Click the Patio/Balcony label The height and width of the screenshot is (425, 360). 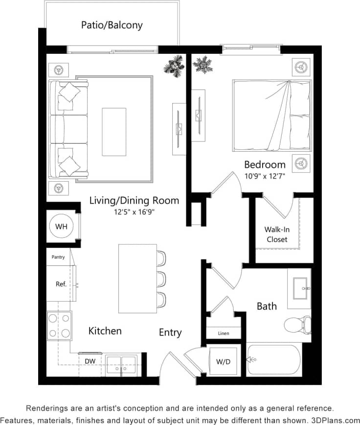[112, 25]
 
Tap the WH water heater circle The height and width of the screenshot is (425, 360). [61, 227]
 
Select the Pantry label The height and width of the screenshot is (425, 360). [58, 257]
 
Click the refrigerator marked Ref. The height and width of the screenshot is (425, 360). [61, 283]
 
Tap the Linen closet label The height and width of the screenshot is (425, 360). [223, 333]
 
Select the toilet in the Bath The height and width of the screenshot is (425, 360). [297, 324]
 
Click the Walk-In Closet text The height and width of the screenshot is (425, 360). [277, 235]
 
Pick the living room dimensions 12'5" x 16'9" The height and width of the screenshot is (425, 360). [134, 212]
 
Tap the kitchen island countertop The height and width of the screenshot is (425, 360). [137, 278]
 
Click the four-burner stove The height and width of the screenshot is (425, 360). [59, 326]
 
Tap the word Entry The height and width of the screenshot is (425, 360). [170, 332]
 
